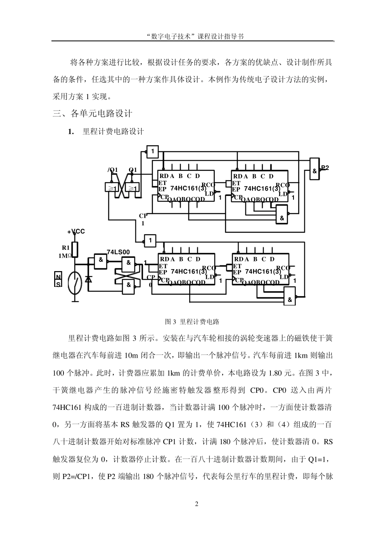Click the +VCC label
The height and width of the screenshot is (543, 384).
76,231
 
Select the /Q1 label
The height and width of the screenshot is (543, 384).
112,170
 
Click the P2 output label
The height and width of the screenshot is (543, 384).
325,168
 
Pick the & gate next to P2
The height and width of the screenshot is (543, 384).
314,171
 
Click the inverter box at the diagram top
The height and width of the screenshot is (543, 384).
152,151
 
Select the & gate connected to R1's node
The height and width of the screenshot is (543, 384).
100,260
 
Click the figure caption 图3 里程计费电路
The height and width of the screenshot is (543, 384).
192,322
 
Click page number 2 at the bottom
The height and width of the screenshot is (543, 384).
197,504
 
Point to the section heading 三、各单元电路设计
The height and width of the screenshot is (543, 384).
93,114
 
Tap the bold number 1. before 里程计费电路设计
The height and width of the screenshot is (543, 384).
71,132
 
